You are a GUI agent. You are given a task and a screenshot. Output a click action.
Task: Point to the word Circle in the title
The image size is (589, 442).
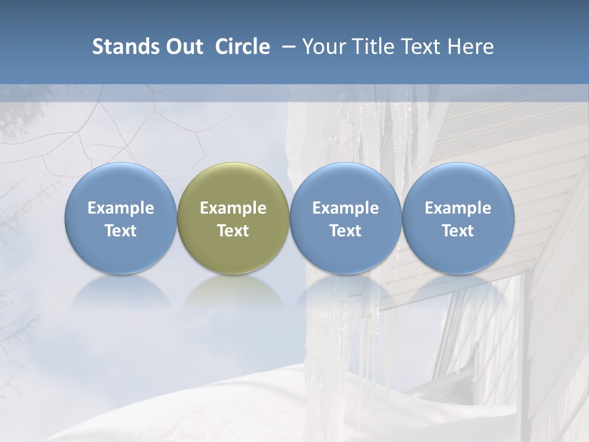(242, 47)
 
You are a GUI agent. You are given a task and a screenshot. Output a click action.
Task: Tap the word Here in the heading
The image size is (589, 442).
(470, 47)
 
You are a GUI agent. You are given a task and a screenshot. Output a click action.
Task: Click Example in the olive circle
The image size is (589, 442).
(233, 208)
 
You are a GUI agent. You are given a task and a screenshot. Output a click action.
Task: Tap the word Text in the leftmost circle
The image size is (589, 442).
(120, 231)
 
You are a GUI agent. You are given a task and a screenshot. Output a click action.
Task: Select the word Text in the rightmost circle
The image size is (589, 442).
(458, 231)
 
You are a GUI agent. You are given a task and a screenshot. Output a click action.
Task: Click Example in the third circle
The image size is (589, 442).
(345, 208)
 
